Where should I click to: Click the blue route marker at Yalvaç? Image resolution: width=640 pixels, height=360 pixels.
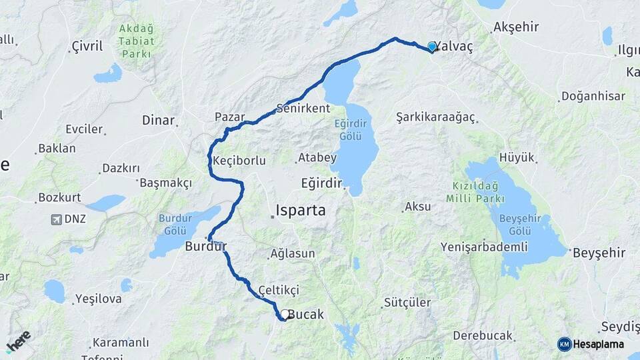coord(432,47)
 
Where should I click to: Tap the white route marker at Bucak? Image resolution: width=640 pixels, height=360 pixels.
coord(285,314)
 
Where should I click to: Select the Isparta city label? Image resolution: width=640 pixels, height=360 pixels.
coord(302,211)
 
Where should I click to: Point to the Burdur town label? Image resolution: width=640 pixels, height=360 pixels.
coord(206,247)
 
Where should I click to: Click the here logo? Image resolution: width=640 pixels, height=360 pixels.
coord(19,341)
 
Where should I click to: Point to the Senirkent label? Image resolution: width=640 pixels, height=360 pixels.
coord(303,108)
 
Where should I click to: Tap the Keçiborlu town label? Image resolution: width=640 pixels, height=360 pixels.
coord(239,161)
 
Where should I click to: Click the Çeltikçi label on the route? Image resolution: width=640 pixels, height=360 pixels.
coord(279,290)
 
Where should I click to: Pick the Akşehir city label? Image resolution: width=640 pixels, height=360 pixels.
coord(515,28)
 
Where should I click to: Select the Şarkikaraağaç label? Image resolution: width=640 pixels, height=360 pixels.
coord(435,117)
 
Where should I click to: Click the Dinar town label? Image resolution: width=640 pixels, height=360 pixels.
coord(158,121)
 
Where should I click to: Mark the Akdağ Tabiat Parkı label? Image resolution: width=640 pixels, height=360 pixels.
coord(136,40)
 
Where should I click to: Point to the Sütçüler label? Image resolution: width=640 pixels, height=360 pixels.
coord(407,303)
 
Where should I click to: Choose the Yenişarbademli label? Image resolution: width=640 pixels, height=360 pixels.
coord(484,247)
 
